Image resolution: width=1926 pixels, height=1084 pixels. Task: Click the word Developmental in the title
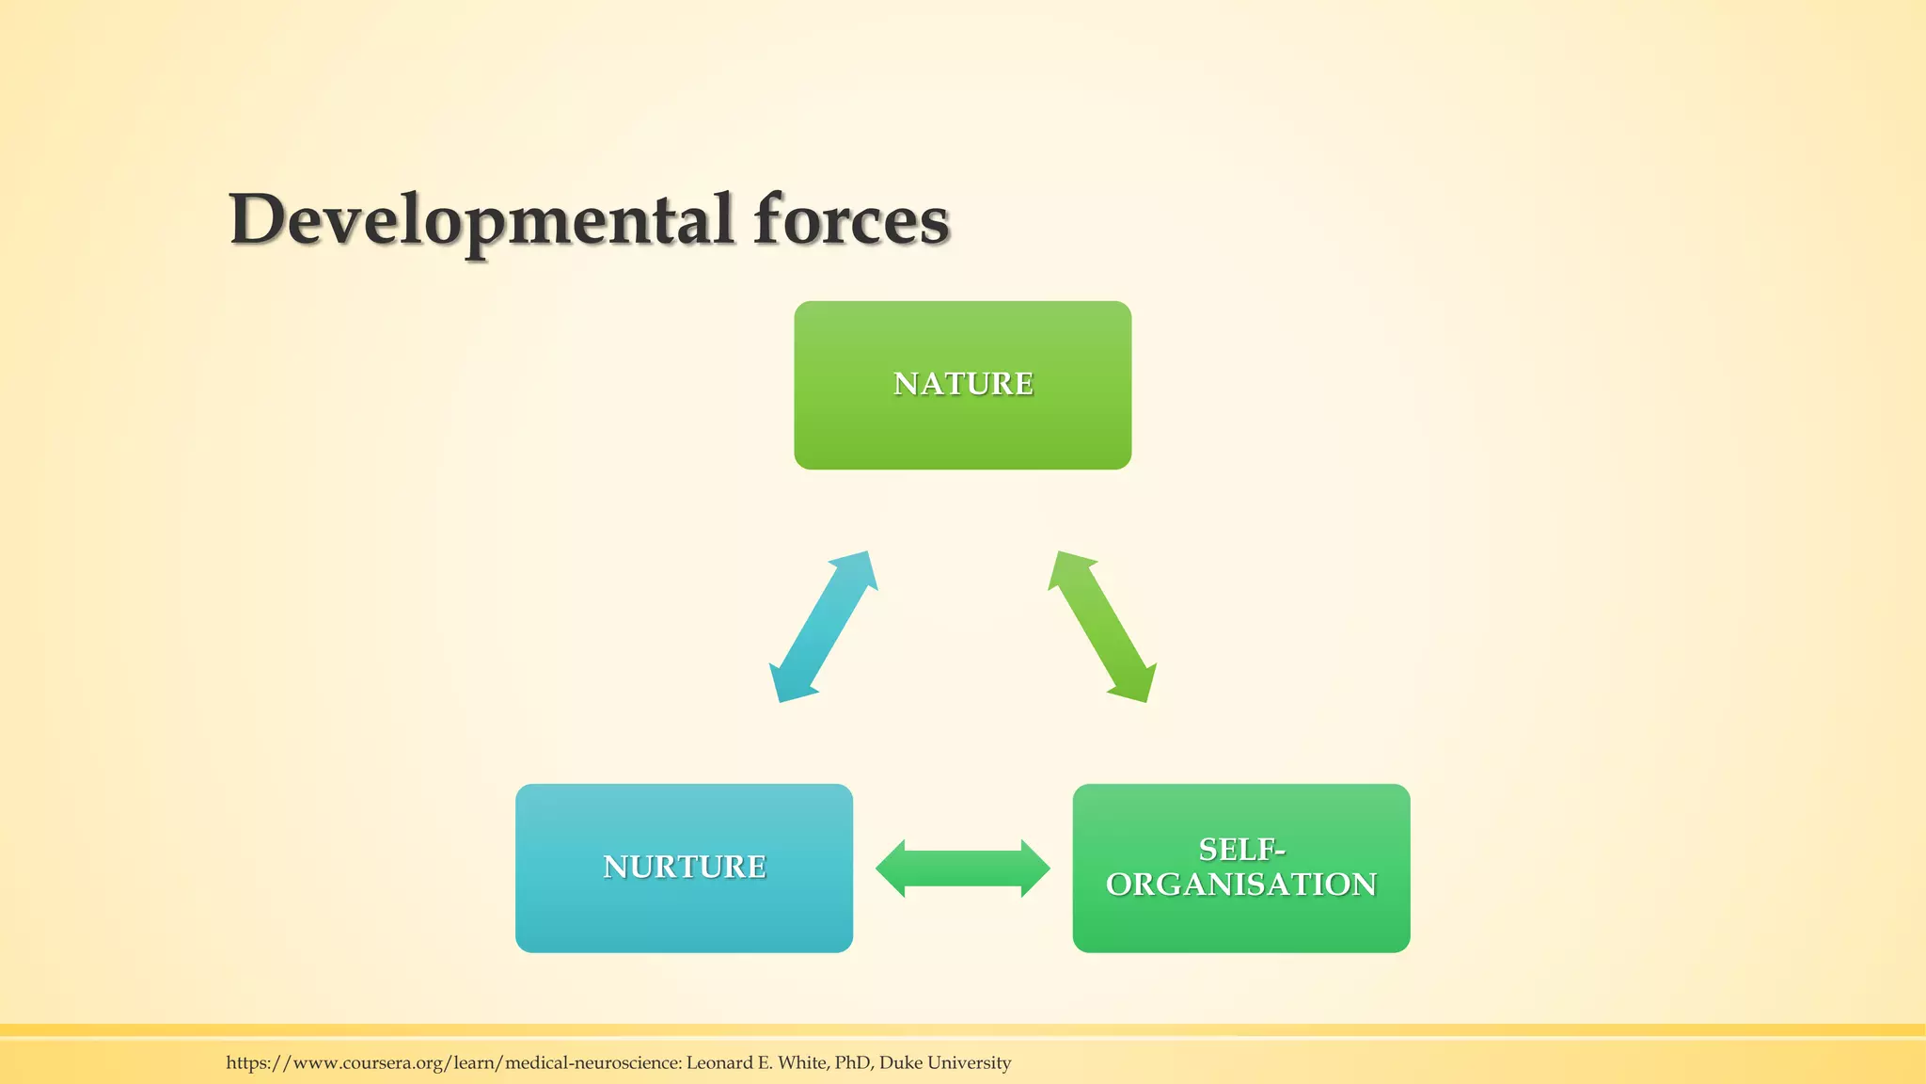pyautogui.click(x=481, y=220)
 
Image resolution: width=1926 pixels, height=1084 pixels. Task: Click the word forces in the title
pyautogui.click(x=851, y=220)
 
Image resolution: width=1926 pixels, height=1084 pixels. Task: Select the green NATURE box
pyautogui.click(x=962, y=433)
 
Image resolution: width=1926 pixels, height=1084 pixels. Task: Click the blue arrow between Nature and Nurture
pyautogui.click(x=824, y=627)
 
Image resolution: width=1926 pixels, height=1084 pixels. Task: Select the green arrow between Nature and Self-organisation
pyautogui.click(x=1102, y=627)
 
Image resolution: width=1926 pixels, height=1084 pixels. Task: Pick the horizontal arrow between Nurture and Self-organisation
pyautogui.click(x=962, y=868)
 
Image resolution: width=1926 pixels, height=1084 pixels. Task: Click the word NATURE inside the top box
pyautogui.click(x=962, y=384)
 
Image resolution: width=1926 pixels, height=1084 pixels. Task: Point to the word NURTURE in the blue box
pyautogui.click(x=684, y=867)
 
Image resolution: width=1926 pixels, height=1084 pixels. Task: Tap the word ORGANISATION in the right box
pyautogui.click(x=1240, y=885)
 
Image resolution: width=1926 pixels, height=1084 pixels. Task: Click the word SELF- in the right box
pyautogui.click(x=1240, y=850)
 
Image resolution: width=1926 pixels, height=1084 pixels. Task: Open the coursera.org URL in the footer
pyautogui.click(x=452, y=1063)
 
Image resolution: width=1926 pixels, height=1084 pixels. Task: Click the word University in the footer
pyautogui.click(x=969, y=1063)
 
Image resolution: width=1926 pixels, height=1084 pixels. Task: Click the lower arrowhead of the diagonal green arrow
pyautogui.click(x=1136, y=684)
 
